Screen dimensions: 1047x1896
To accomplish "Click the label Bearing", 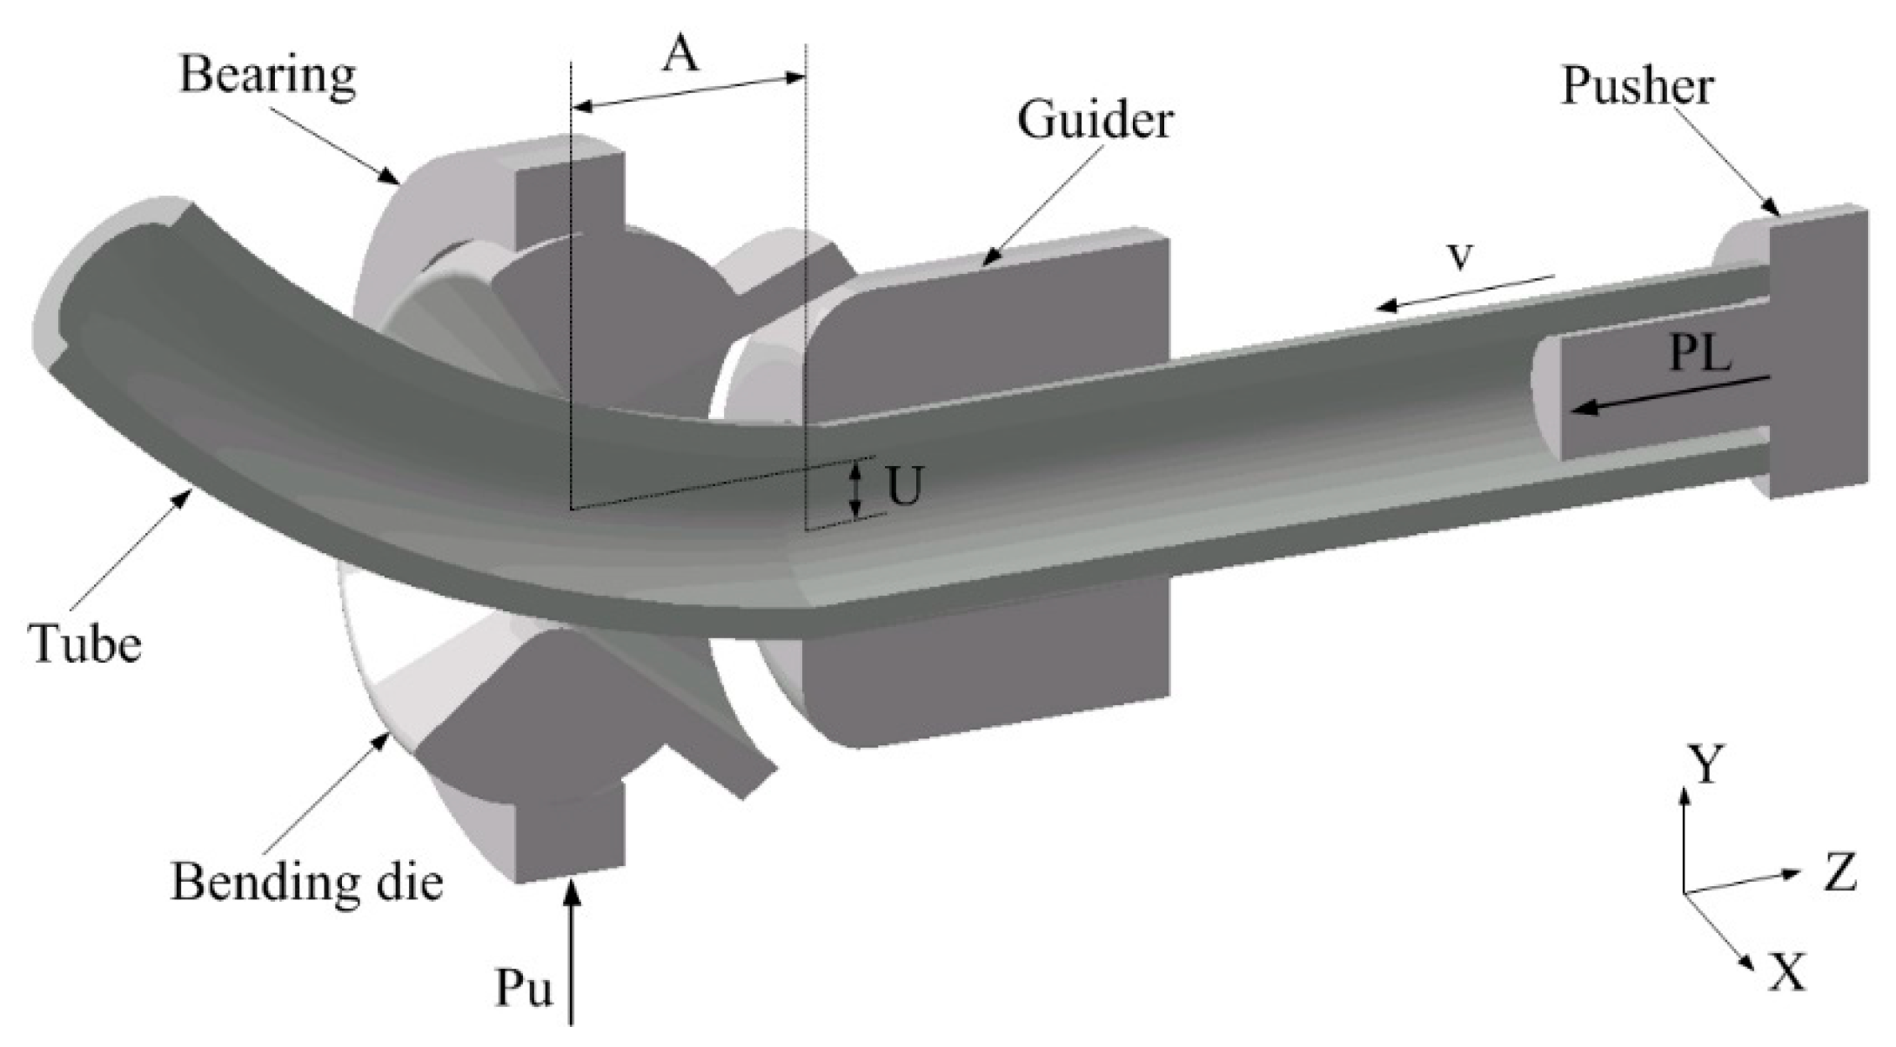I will coord(268,77).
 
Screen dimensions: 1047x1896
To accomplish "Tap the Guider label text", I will coord(1095,120).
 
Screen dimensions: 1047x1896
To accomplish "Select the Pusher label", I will coord(1638,86).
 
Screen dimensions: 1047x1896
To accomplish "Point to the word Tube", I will coord(85,645).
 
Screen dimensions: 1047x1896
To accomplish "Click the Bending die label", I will coord(307,883).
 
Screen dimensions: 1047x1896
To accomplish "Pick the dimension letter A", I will coord(681,57).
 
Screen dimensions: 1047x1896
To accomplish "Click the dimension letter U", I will coord(905,489).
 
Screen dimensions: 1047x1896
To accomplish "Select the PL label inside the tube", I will coord(1700,354).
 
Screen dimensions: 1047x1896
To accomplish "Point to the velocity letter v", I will coord(1461,255).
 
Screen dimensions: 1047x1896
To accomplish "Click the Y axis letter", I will coord(1706,764).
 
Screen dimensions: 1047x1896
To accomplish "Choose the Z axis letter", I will coord(1840,874).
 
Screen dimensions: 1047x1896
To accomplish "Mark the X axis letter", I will coord(1786,971).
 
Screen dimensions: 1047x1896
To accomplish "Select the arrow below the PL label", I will coord(1671,393).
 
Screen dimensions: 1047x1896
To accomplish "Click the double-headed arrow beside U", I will coord(857,489).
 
